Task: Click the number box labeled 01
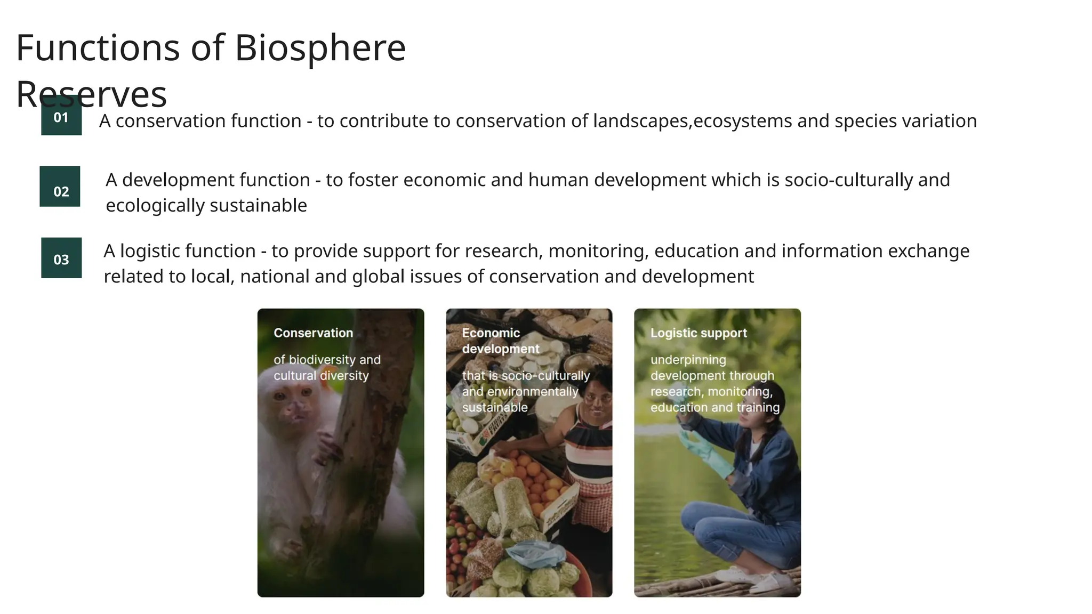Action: point(61,117)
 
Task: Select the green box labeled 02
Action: point(60,187)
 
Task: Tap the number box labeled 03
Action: point(61,258)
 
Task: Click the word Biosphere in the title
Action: point(320,48)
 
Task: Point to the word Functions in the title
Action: point(98,48)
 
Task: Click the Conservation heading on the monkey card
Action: point(313,333)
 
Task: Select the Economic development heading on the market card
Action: point(500,341)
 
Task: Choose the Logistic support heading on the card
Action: point(698,333)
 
